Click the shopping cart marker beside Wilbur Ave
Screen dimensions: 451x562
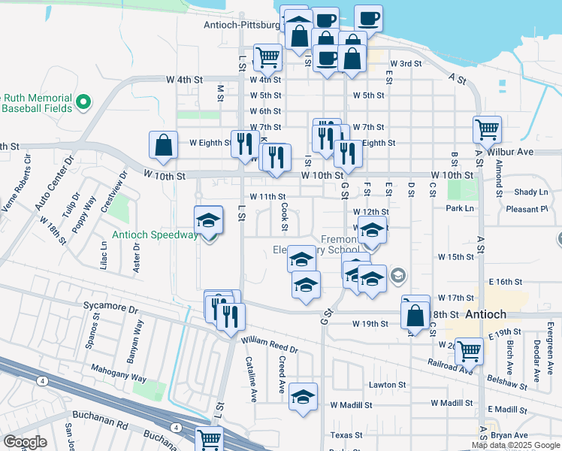487,129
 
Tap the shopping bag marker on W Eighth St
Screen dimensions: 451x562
164,145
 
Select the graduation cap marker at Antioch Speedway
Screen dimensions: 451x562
209,220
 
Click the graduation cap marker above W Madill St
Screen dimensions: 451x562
303,398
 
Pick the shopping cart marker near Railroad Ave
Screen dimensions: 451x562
469,350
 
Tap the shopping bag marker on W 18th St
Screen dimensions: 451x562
415,314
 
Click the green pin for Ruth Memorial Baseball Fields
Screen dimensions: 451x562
83,101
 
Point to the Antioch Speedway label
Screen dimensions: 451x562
156,235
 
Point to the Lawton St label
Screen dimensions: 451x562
387,385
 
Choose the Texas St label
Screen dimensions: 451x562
346,434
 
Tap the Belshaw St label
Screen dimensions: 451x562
506,384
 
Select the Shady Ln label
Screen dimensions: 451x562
531,192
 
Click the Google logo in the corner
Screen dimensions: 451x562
25,442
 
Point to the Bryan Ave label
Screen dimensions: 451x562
509,435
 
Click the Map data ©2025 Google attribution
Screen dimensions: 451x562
515,445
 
